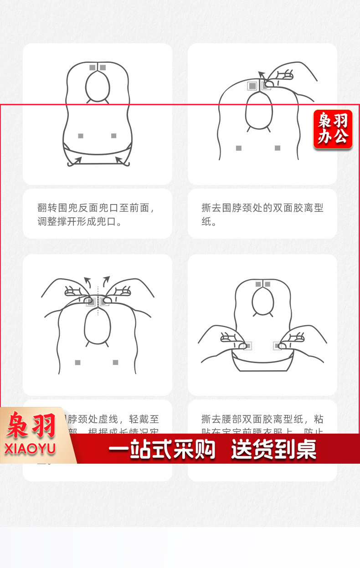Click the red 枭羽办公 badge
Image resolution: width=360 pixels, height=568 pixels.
pyautogui.click(x=333, y=129)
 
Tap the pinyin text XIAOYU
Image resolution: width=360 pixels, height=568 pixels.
pyautogui.click(x=31, y=448)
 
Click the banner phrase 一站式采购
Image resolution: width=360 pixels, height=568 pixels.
pyautogui.click(x=161, y=450)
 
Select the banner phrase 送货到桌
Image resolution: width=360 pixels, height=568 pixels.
pyautogui.click(x=273, y=450)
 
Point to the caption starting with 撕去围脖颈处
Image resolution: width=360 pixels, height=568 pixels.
pyautogui.click(x=262, y=215)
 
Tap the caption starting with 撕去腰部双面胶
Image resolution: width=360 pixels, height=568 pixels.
pyautogui.click(x=262, y=420)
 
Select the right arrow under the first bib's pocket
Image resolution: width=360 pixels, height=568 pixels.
pyautogui.click(x=120, y=160)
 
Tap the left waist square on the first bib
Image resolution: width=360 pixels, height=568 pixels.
pyautogui.click(x=81, y=136)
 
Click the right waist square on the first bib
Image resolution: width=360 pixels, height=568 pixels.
pyautogui.click(x=113, y=136)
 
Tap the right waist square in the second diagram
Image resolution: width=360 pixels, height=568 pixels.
pyautogui.click(x=278, y=148)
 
